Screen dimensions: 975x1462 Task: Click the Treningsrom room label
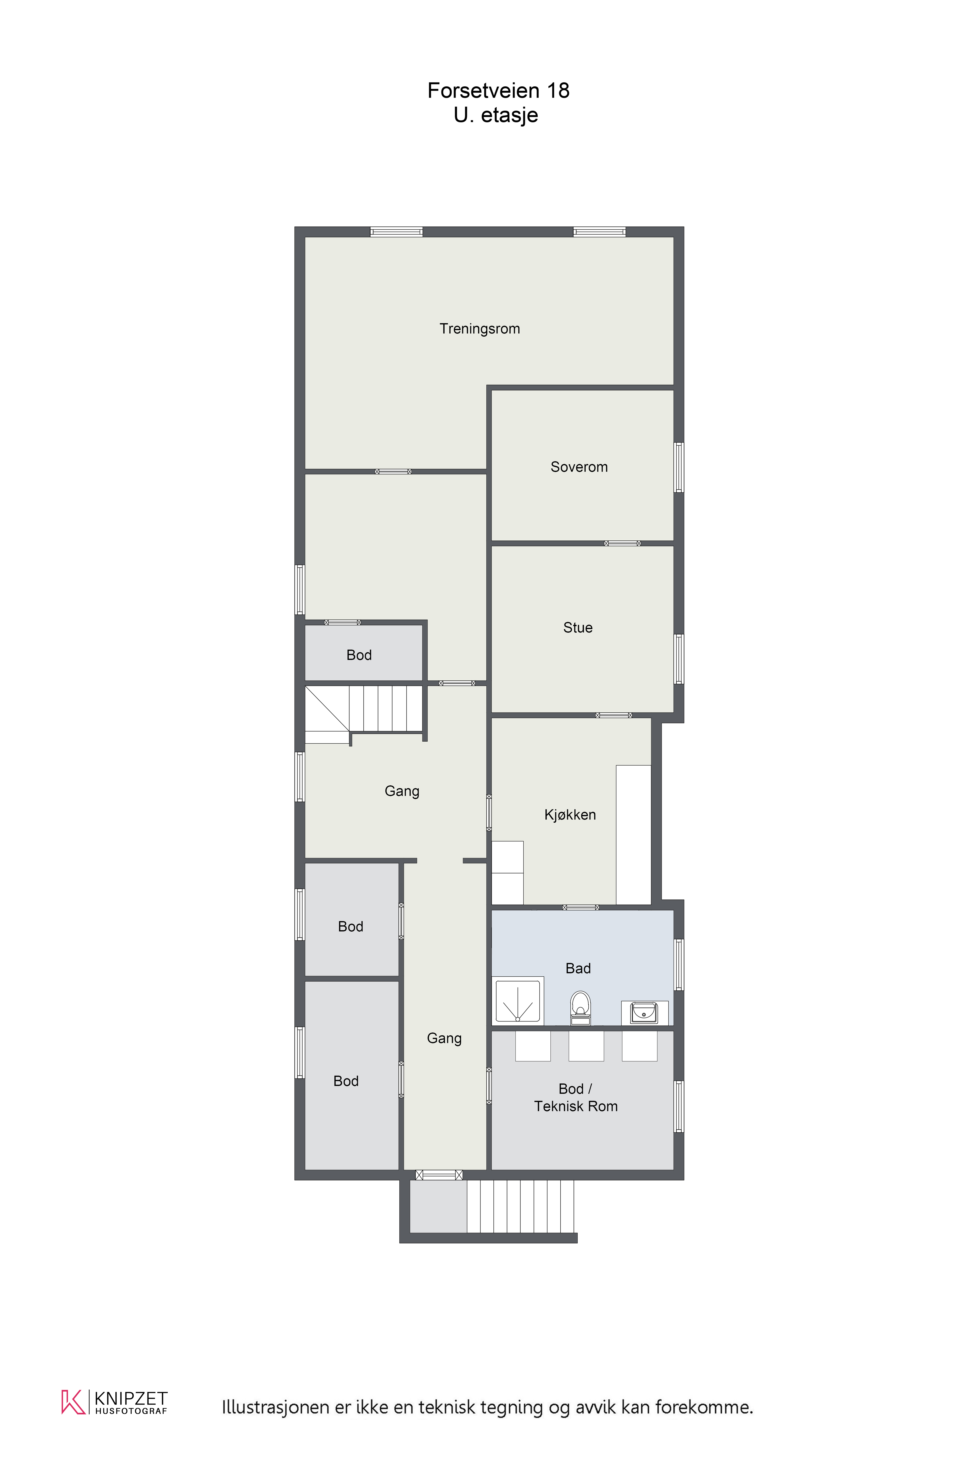point(479,329)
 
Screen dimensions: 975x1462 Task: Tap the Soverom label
point(579,467)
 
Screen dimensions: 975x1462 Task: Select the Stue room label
point(578,628)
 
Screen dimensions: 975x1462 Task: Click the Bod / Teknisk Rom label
point(576,1098)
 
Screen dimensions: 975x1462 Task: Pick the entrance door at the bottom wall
point(439,1175)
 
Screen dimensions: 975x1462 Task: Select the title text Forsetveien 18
point(498,91)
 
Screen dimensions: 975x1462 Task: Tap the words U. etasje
point(496,115)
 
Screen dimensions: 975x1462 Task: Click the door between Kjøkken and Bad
point(580,907)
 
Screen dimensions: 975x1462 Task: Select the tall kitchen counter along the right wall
point(634,835)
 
